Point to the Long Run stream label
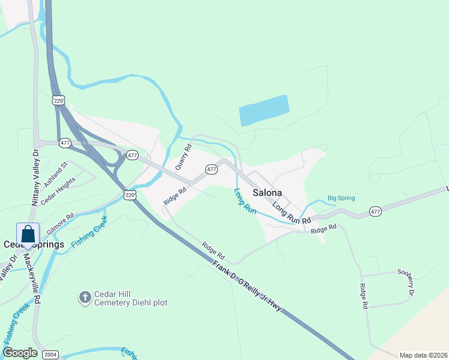coord(245,202)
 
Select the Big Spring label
coord(341,198)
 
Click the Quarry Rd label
coord(182,156)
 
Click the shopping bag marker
coord(28,234)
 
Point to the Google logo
coord(20,353)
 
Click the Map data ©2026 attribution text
coord(423,355)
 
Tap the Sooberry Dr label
coord(406,282)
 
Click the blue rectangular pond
coord(264,110)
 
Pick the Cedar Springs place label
coord(34,245)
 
